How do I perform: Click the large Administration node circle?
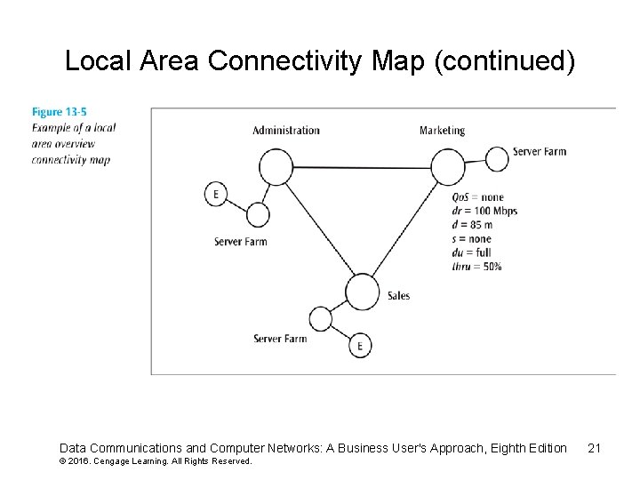pos(276,166)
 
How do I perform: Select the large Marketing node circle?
pos(448,166)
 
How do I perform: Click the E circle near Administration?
pos(216,194)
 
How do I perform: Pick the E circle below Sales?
pos(360,346)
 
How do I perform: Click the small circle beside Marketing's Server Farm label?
pos(499,157)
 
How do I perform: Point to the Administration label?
pos(285,131)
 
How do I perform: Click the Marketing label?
pos(442,131)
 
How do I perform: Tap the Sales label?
pos(398,295)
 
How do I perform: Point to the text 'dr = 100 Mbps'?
pos(484,211)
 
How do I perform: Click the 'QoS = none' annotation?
pos(477,197)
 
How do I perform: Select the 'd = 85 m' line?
pos(472,225)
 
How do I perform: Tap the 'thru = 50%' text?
pos(476,266)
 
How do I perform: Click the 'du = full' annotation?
pos(471,252)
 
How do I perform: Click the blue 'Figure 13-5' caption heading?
pos(60,112)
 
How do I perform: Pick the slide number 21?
pos(595,448)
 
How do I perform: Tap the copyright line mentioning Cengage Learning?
pos(156,461)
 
